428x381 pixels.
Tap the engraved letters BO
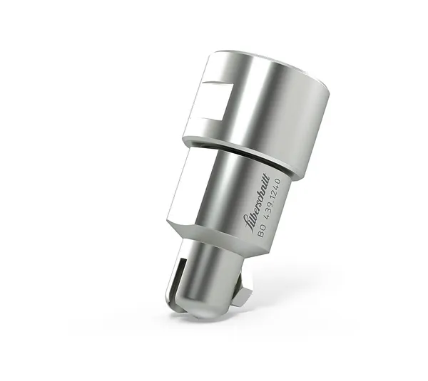point(262,230)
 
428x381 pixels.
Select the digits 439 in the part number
point(270,207)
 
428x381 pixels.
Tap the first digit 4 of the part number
point(267,216)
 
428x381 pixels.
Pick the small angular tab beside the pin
point(244,291)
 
